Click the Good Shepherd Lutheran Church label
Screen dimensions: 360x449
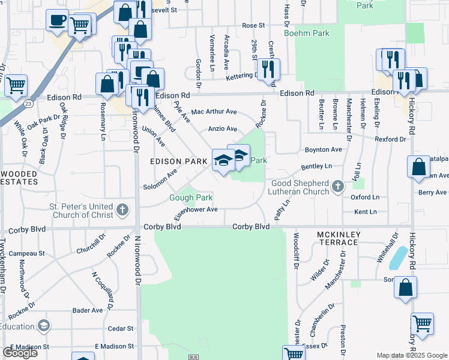pyautogui.click(x=300, y=187)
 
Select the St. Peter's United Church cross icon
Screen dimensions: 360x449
pyautogui.click(x=122, y=210)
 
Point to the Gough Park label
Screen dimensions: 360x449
pyautogui.click(x=191, y=197)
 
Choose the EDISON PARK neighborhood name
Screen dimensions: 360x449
pyautogui.click(x=179, y=161)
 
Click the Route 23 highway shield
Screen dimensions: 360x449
pyautogui.click(x=28, y=103)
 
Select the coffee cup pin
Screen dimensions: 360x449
pyautogui.click(x=57, y=21)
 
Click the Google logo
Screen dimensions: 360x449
pyautogui.click(x=20, y=353)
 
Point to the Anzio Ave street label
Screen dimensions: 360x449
pyautogui.click(x=222, y=129)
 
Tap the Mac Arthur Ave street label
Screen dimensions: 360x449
pyautogui.click(x=214, y=112)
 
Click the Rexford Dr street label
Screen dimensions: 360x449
pyautogui.click(x=390, y=139)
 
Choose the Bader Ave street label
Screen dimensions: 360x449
pyautogui.click(x=88, y=310)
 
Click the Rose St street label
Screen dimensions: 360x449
pyautogui.click(x=253, y=26)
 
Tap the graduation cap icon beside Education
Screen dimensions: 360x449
pyautogui.click(x=43, y=326)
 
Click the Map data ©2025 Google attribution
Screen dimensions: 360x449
pyautogui.click(x=412, y=355)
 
